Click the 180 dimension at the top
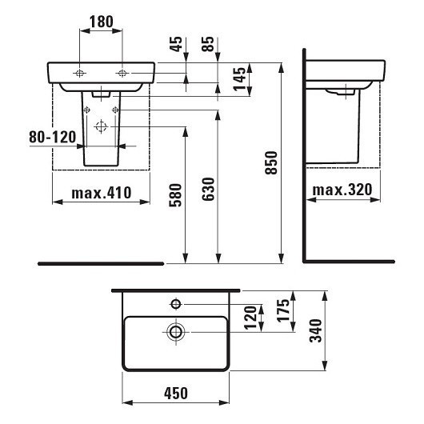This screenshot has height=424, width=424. pos(101,22)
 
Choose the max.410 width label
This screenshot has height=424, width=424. pos(101,193)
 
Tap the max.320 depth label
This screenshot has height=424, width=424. pos(341,190)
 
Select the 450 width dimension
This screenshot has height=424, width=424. pos(176,393)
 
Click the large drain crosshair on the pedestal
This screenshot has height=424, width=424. pos(101,126)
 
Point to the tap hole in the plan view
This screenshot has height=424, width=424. pos(175,303)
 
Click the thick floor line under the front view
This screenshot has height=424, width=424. pos(101,262)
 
